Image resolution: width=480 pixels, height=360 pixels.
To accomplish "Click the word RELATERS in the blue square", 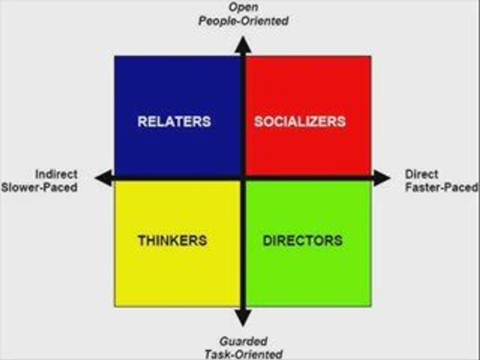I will (x=174, y=121).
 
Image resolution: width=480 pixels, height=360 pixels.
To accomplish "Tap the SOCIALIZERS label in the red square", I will (x=299, y=121).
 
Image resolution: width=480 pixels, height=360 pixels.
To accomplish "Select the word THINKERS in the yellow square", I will (x=172, y=240).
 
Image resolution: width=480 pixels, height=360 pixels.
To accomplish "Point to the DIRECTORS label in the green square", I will (x=302, y=240).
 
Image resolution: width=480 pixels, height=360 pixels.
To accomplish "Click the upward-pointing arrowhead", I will (x=243, y=44).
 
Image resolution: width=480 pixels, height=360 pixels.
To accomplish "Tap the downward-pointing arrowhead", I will (x=243, y=317).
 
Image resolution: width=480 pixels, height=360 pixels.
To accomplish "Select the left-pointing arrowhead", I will (x=104, y=177).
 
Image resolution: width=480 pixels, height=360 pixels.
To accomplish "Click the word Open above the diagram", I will (x=243, y=7).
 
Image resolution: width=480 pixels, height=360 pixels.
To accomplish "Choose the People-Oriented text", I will (x=243, y=21).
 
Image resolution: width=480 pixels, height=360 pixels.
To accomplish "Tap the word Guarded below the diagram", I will (x=243, y=341).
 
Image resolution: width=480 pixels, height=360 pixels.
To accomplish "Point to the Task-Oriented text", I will (x=243, y=354).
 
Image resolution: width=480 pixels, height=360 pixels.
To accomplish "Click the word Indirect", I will (x=56, y=174).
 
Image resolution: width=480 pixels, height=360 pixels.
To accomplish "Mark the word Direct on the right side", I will (x=421, y=174).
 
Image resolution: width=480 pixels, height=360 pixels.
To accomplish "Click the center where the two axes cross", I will (x=243, y=177).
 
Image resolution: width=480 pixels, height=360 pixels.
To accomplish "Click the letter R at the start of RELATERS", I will (x=142, y=121).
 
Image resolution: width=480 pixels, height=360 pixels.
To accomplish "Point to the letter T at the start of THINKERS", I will (x=141, y=240).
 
